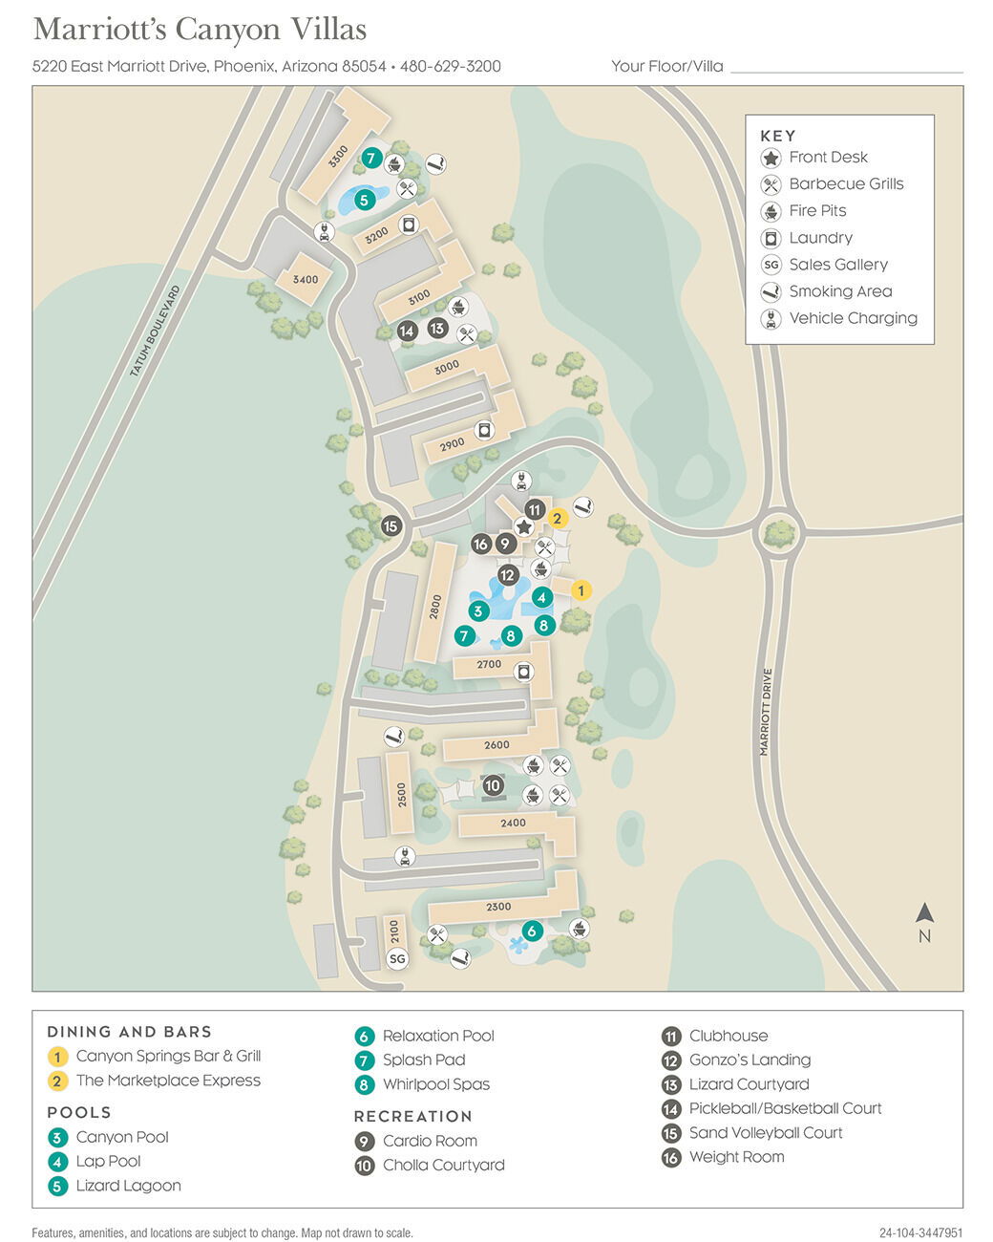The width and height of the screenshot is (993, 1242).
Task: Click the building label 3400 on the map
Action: [306, 280]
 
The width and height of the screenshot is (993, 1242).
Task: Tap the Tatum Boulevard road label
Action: [155, 331]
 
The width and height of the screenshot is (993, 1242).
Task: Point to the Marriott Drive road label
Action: [765, 712]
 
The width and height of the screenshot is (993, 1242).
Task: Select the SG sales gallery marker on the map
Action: [397, 958]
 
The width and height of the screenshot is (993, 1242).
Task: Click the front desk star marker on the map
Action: [523, 526]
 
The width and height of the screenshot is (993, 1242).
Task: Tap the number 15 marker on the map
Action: [391, 525]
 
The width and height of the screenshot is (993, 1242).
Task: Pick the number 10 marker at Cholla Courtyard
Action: [493, 785]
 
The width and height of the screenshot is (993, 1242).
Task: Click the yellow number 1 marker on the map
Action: [581, 590]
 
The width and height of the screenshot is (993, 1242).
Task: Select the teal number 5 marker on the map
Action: [364, 200]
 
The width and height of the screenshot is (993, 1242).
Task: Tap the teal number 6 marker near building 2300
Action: [532, 931]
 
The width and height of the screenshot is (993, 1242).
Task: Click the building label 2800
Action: [435, 608]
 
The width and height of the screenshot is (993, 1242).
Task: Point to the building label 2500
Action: [402, 795]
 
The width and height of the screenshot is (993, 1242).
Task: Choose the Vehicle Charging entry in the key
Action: [853, 318]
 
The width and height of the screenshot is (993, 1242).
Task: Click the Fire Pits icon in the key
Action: [771, 211]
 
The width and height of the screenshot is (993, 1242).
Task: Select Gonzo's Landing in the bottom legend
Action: [750, 1060]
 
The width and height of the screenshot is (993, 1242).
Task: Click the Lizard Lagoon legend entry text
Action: [128, 1186]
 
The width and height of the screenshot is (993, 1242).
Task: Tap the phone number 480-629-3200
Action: [450, 66]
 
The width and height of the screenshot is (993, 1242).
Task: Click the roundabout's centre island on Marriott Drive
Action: [779, 533]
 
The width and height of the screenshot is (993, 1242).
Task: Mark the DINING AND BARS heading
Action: [129, 1032]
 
